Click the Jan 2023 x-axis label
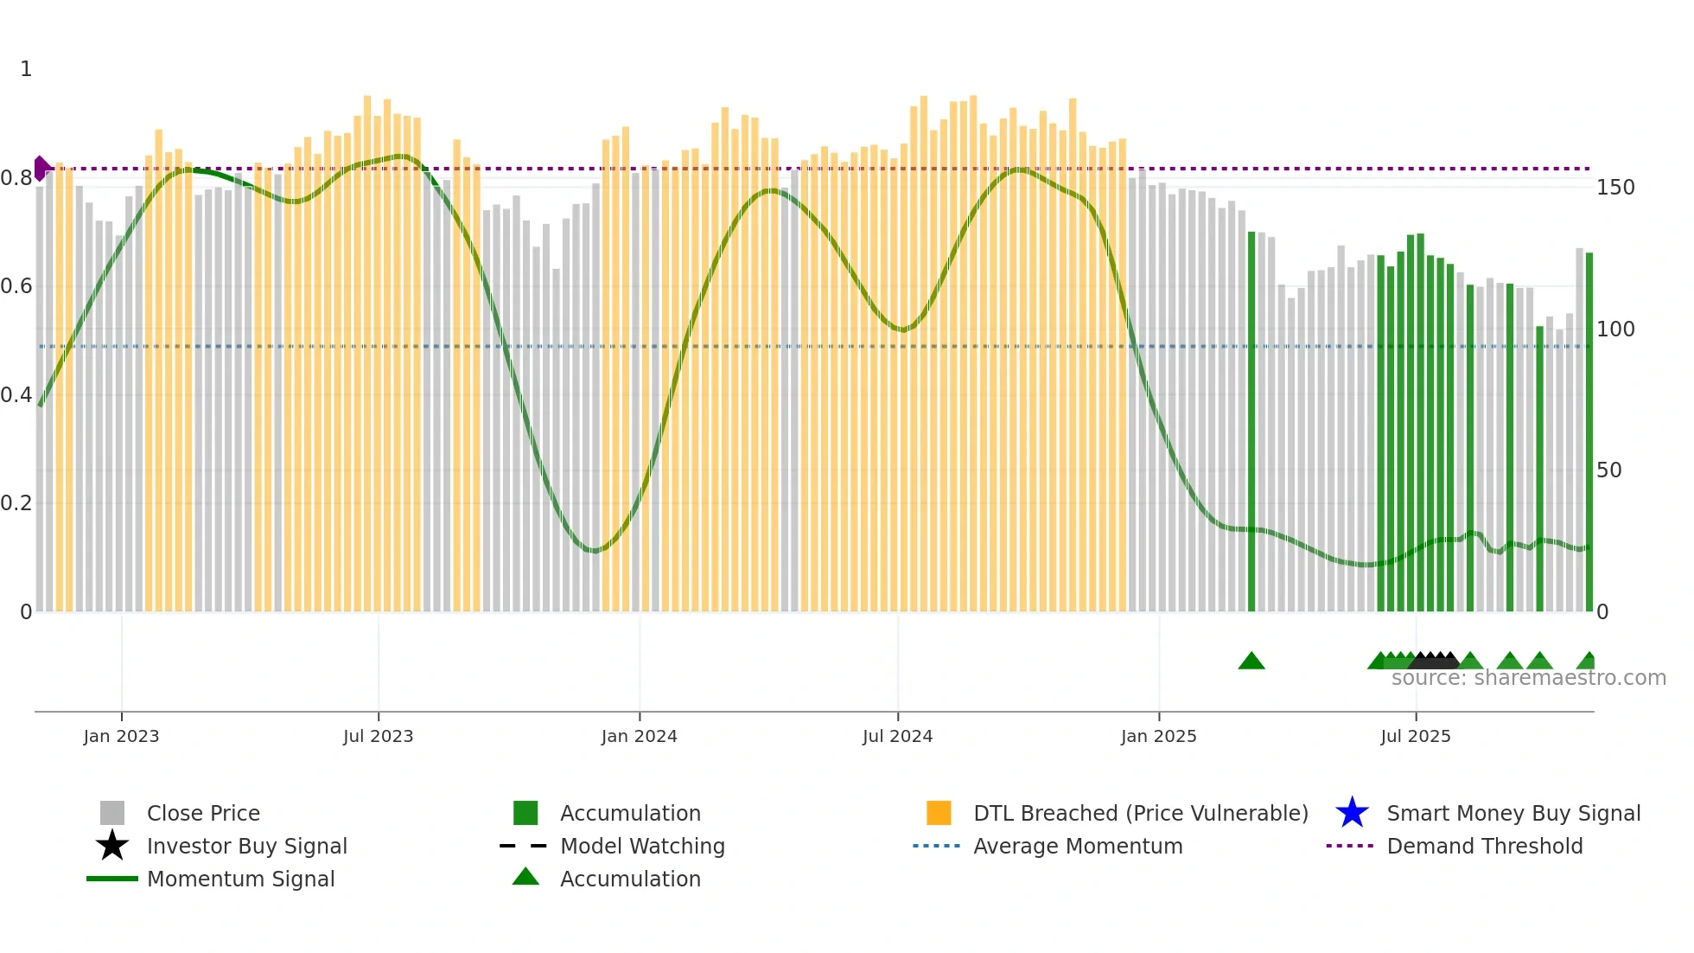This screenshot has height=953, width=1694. (x=121, y=736)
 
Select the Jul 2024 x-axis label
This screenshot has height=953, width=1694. (x=897, y=736)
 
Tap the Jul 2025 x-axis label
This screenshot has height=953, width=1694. (x=1415, y=736)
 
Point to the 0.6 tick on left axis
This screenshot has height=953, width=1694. (x=16, y=286)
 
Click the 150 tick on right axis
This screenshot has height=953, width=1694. (x=1614, y=188)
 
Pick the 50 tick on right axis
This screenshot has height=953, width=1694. (x=1608, y=470)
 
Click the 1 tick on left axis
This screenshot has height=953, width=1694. (x=26, y=69)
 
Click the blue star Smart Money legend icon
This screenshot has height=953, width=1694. (x=1352, y=813)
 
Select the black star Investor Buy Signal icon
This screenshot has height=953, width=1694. (x=112, y=846)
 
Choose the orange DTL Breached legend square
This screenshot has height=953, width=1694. (x=939, y=813)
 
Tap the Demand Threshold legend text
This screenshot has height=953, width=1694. (x=1484, y=846)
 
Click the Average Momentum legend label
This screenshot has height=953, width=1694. (x=1077, y=846)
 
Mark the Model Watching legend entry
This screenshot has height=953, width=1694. (x=641, y=846)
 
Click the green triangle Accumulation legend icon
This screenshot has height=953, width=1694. (x=525, y=877)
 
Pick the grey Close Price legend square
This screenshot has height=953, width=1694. (x=112, y=813)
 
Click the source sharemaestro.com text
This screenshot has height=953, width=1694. (x=1528, y=678)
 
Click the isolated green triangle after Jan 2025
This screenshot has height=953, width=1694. (x=1251, y=662)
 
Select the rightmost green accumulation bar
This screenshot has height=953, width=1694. (x=1589, y=432)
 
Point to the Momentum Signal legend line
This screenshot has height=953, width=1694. (x=112, y=879)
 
